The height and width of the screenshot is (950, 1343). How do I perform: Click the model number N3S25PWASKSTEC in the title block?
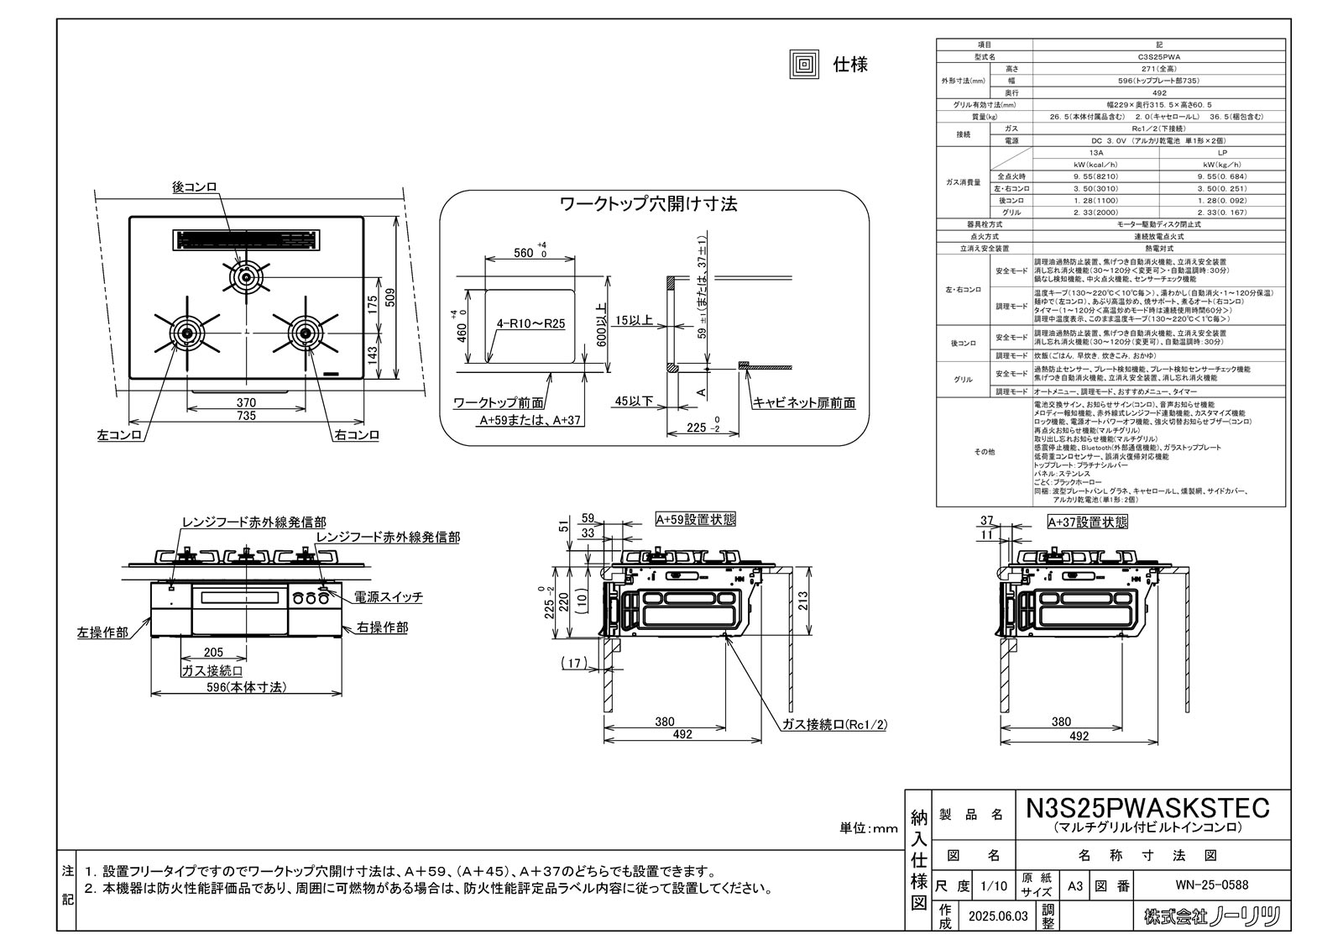point(1148,807)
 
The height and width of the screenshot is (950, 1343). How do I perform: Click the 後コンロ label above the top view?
point(195,187)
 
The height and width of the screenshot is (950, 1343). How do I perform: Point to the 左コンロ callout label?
point(119,435)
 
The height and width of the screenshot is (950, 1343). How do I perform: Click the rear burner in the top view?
point(246,276)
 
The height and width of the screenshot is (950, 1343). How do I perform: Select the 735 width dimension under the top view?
point(246,416)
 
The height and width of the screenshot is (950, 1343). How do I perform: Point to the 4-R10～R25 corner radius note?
point(530,323)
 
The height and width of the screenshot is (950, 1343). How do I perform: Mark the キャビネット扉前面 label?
point(804,403)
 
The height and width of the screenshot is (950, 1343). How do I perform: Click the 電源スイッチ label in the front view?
point(388,597)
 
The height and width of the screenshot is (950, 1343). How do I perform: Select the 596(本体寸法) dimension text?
point(246,687)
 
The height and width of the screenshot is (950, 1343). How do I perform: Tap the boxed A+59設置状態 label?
point(695,520)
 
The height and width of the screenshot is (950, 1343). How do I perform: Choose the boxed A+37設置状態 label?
point(1087,522)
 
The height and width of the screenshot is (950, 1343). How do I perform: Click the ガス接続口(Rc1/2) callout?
point(834,723)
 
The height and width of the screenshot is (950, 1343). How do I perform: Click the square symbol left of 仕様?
point(803,64)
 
